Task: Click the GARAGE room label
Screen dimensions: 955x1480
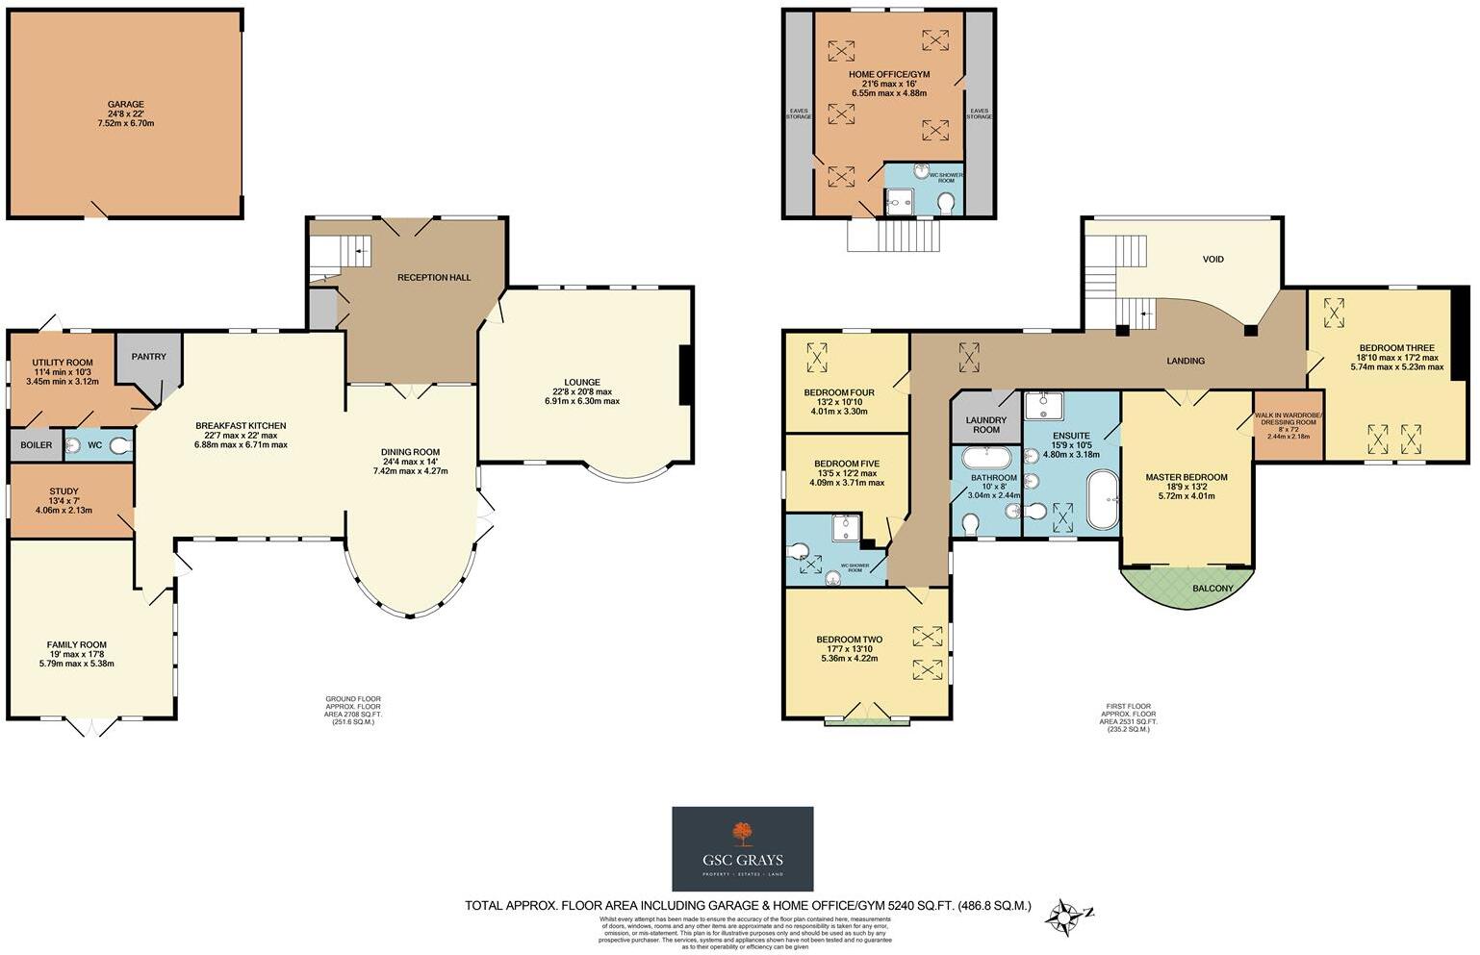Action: (125, 105)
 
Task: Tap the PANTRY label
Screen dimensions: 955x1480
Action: (148, 357)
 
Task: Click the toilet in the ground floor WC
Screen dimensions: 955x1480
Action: (119, 445)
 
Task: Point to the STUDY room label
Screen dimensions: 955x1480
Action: (64, 492)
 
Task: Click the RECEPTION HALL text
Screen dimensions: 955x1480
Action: (434, 278)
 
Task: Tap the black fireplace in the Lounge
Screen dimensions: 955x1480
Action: (685, 375)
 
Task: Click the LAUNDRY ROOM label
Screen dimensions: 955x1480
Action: (986, 424)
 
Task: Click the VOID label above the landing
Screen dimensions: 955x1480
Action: (1212, 260)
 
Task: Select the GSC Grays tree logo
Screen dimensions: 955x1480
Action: (742, 834)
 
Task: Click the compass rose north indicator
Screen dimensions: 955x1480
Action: (1065, 917)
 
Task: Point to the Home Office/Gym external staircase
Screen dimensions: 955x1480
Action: (891, 234)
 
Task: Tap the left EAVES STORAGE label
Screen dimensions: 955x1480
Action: (799, 113)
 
